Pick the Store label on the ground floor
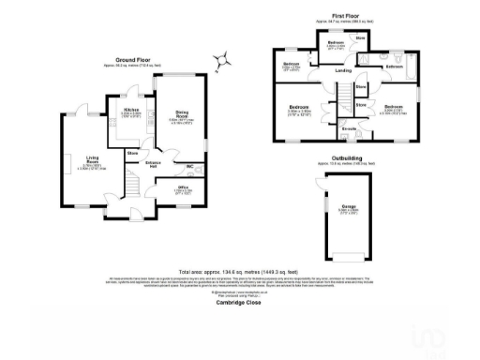[x=133, y=151]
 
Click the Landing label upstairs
[x=344, y=71]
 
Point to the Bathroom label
[x=394, y=67]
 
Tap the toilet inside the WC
[x=201, y=170]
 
